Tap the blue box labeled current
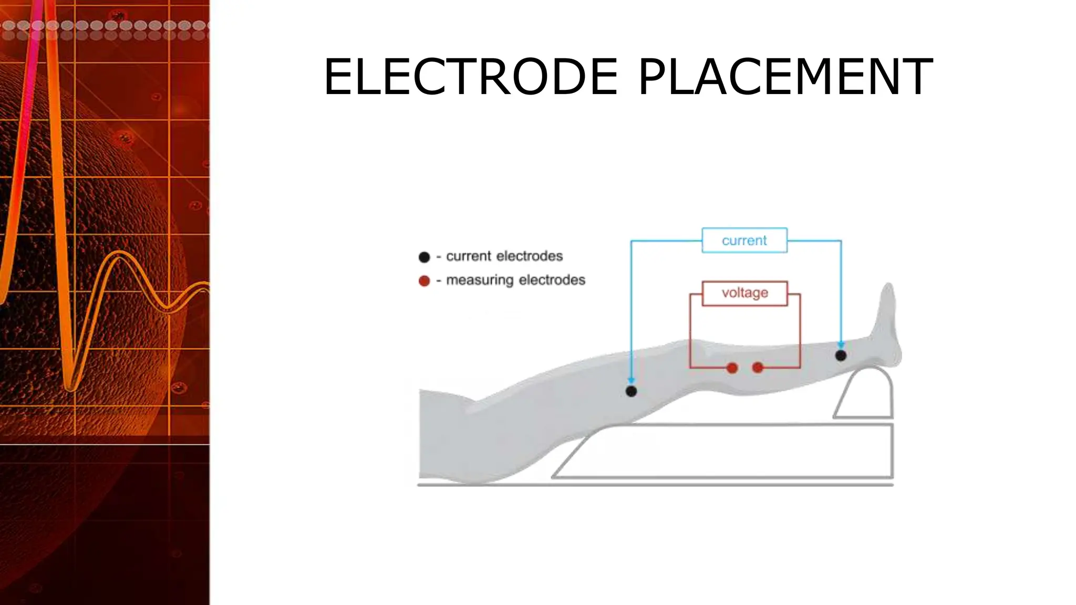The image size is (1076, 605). (744, 241)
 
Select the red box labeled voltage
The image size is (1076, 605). (744, 293)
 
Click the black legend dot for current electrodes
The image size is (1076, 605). (424, 257)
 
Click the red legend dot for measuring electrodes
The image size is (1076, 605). (424, 281)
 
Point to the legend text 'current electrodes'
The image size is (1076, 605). (504, 256)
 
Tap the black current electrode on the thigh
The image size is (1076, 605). (631, 391)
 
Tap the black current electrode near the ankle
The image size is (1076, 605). (841, 356)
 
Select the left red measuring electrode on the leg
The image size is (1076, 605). (732, 368)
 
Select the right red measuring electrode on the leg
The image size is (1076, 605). (758, 368)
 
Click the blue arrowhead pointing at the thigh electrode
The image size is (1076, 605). (631, 380)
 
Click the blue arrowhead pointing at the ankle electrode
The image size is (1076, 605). (841, 345)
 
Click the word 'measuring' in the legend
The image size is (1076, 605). (479, 280)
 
